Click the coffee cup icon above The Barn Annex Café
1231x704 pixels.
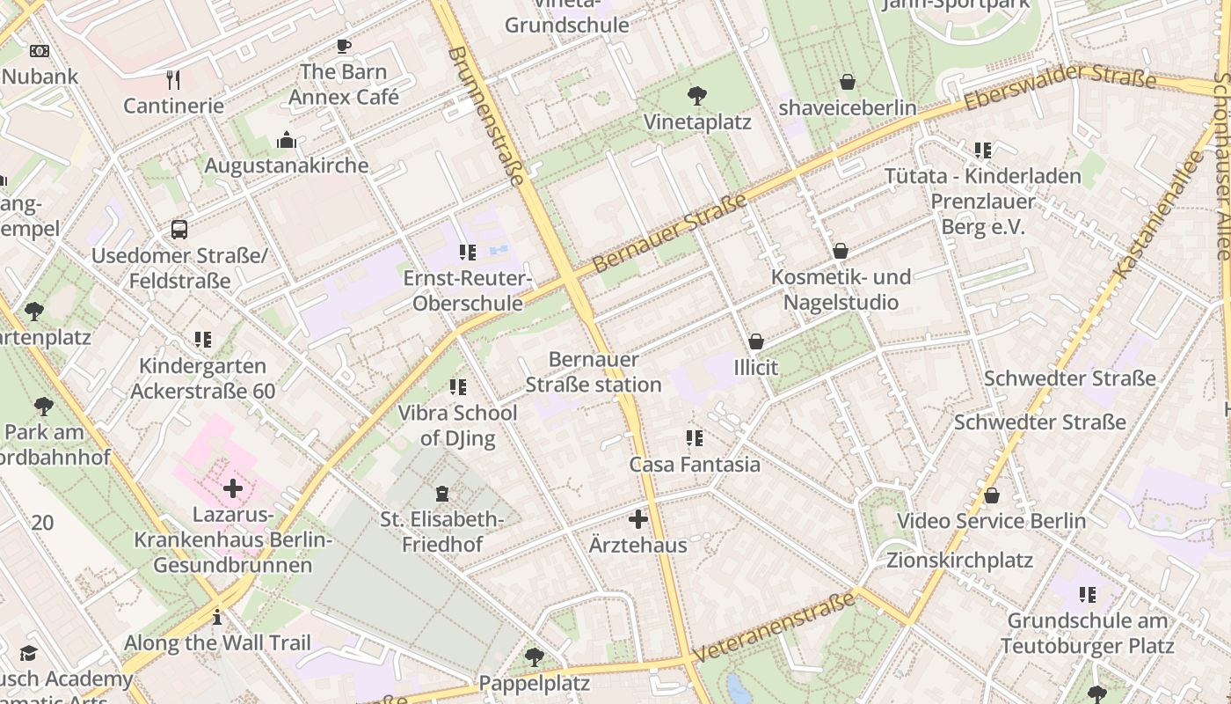pos(343,46)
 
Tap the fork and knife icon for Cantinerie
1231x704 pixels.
pos(173,80)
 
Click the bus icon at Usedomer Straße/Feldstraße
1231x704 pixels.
pos(179,231)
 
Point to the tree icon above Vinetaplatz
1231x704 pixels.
pos(697,95)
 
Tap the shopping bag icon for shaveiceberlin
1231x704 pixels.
pos(848,82)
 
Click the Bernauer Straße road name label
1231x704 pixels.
pos(669,233)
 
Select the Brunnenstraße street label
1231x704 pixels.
pos(486,115)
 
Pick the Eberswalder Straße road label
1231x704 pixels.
pos(1060,86)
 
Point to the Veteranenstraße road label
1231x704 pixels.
pos(774,627)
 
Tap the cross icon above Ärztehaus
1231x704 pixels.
pos(638,519)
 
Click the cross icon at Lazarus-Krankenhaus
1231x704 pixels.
pos(233,488)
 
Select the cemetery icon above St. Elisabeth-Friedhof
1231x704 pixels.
pos(442,494)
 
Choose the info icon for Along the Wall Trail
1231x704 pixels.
pos(217,617)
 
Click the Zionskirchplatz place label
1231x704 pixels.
pos(959,561)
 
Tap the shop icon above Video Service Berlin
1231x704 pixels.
pos(992,495)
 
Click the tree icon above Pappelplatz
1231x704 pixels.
pos(534,656)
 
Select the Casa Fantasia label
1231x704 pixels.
pos(695,464)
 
